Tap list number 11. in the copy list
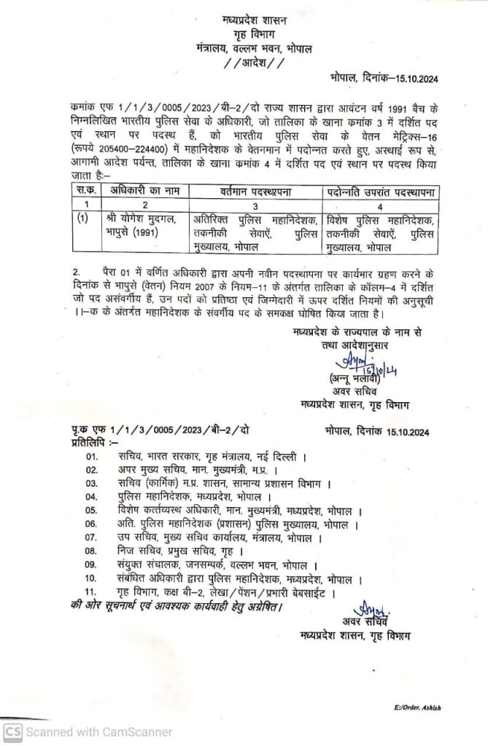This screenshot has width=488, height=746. [x=92, y=591]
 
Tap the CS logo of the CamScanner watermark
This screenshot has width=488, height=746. [x=13, y=731]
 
